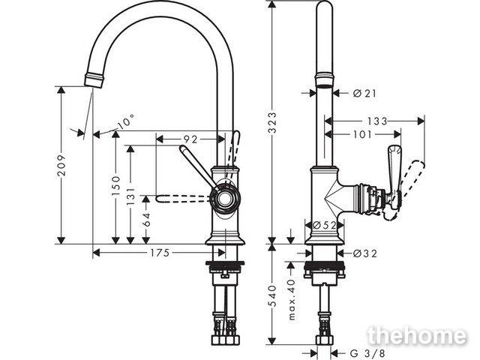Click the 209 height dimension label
pos(61,165)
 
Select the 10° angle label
pos(125,121)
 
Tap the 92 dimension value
pos(190,139)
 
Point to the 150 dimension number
pos(116,185)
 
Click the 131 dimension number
pos(130,196)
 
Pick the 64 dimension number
pos(147,219)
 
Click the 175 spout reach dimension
pos(160,253)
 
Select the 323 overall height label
pos(272,122)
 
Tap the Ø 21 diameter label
pos(364,93)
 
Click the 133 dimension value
pos(377,121)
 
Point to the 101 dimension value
pos(362,134)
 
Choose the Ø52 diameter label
pos(325,225)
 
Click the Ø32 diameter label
pos(365,253)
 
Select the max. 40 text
pos(292,299)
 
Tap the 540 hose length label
pos(272,295)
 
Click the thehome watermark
pos(418,336)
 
